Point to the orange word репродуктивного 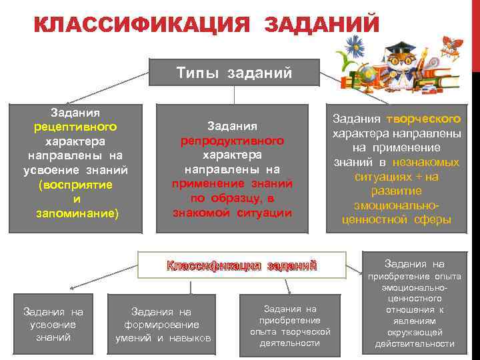pos(232,141)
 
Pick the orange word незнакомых pos(426,162)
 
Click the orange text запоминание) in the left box pos(76,213)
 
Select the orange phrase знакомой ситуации pos(232,213)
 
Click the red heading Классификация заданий pos(241,265)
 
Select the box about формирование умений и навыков pos(162,325)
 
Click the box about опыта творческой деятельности pos(290,325)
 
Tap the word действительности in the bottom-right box pos(414,344)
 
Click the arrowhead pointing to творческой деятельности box pos(289,292)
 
